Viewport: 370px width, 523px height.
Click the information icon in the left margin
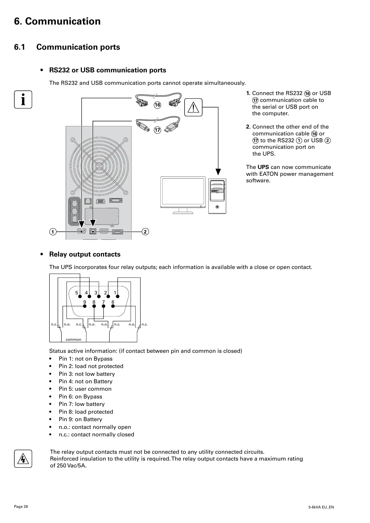23,99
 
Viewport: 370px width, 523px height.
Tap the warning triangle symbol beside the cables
193,107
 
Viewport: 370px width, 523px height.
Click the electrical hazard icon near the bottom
23,458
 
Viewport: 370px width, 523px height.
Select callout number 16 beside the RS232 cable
158,105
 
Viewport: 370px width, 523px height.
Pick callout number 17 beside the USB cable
158,130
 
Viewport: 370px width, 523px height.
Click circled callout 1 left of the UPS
53,232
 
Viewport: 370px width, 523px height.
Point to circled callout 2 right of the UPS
145,232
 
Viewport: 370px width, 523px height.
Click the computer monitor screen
183,192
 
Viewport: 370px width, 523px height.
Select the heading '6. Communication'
57,21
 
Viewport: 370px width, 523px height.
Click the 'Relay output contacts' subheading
85,254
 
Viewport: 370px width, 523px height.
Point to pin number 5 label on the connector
77,293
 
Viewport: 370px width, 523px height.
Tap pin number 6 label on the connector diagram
113,302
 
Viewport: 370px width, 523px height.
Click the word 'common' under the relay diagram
73,339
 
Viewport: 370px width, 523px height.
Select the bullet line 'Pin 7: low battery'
82,404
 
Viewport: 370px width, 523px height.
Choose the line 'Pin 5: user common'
85,389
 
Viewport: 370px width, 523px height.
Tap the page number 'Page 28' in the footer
21,507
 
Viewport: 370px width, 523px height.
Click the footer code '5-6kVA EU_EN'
321,507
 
